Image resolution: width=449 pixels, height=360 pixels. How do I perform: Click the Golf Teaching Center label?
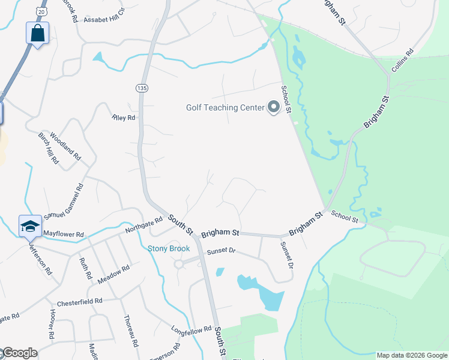pos(225,108)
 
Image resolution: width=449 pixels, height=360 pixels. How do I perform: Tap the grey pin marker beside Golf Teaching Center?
pos(274,108)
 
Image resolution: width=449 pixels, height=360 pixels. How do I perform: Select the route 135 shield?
pos(142,88)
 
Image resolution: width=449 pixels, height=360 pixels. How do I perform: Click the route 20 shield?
pos(40,12)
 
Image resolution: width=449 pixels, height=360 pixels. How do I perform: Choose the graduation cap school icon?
pos(30,226)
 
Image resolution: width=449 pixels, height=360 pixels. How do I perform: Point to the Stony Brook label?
pos(169,248)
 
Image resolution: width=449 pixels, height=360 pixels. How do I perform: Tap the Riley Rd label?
pos(124,118)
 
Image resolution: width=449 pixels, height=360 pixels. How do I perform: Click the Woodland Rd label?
pos(65,146)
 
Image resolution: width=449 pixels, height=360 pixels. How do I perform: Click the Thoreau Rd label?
pos(131,331)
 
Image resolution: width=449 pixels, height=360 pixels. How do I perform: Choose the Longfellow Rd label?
pos(191,329)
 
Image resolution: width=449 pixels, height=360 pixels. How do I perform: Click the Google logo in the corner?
pos(19,353)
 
